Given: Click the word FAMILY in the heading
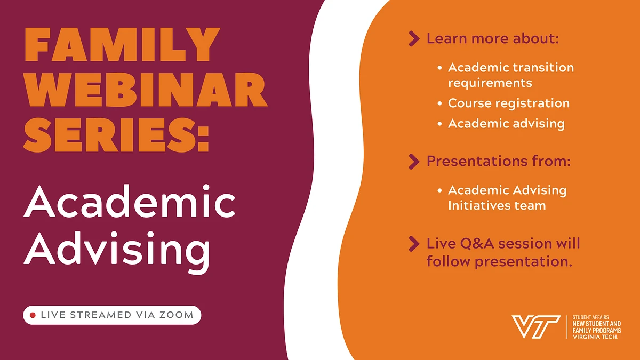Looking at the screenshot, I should coord(122,46).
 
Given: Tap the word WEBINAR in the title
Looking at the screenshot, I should coord(146,91).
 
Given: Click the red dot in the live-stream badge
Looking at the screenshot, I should coord(33,315).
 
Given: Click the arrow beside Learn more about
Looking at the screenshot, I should coord(413,38).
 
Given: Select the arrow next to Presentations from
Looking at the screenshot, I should coord(413,161).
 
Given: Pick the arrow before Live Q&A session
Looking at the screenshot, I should coord(413,244).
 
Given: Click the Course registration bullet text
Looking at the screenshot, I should coord(508,103).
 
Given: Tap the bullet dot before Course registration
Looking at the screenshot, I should coord(439,103).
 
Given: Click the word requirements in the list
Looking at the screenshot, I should coord(490,83).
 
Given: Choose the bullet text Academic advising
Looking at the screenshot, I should coord(506,123).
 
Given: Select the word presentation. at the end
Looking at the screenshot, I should coord(523,262).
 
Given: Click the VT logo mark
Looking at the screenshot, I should coord(536,326).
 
